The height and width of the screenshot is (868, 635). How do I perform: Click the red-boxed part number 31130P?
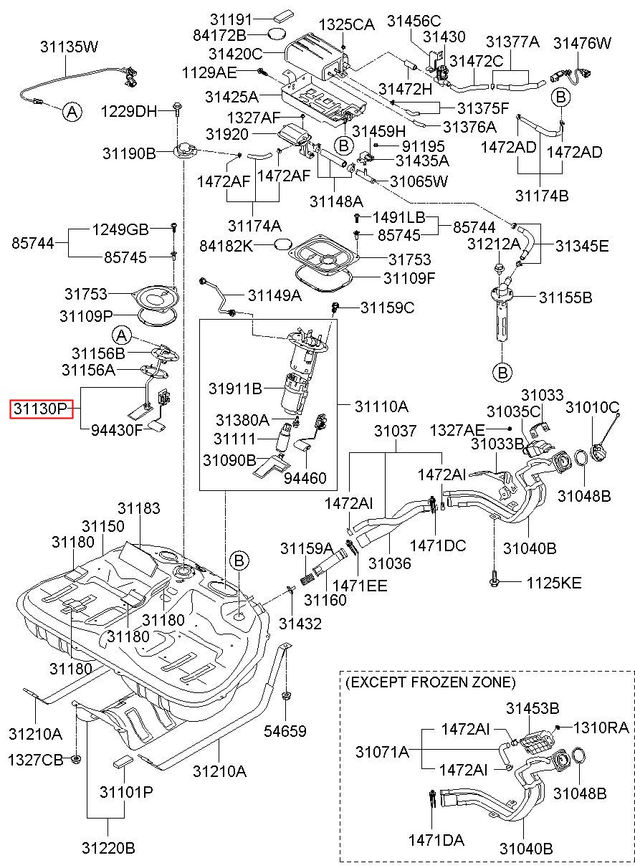(42, 409)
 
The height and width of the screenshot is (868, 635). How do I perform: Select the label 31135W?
(70, 47)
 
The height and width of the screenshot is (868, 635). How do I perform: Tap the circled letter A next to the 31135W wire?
(72, 113)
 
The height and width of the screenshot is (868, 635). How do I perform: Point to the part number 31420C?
(236, 54)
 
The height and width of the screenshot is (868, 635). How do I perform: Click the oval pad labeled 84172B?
(277, 34)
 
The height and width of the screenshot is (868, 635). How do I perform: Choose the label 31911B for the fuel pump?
(236, 388)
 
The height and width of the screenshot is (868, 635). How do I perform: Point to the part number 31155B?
(565, 297)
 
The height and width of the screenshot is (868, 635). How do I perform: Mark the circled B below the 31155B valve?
(502, 373)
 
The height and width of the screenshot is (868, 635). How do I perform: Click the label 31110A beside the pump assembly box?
(381, 406)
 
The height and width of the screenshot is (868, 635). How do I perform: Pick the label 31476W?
(582, 43)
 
